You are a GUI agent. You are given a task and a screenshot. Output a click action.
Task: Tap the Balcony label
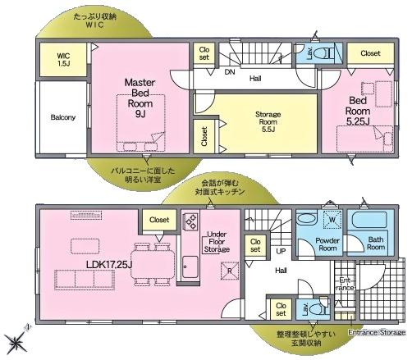pyautogui.click(x=62, y=117)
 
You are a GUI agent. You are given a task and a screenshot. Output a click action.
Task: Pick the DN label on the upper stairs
pyautogui.click(x=231, y=71)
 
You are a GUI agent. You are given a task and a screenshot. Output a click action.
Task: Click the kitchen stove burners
pyautogui.click(x=191, y=222)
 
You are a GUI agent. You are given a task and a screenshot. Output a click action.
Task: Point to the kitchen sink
pyautogui.click(x=190, y=267)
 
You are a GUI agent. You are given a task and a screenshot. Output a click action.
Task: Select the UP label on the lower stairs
pyautogui.click(x=280, y=251)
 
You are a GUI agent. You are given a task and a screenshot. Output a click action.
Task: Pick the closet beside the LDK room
pyautogui.click(x=159, y=220)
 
